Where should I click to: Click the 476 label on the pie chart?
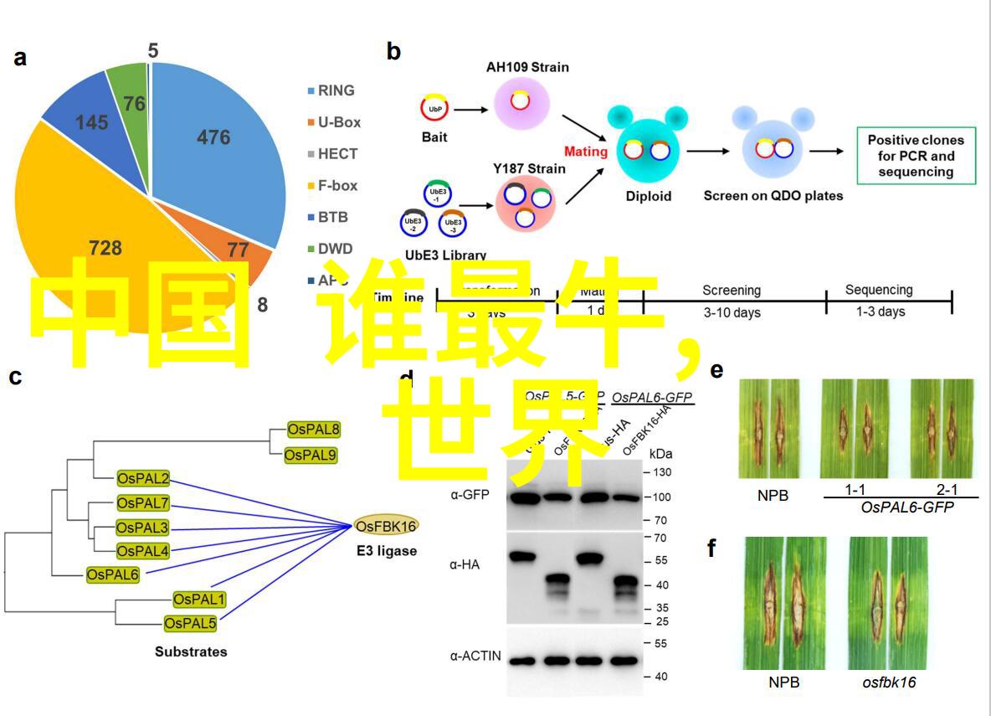(x=213, y=137)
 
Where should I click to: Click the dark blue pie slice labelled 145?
(x=91, y=122)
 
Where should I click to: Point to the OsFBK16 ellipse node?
(x=386, y=526)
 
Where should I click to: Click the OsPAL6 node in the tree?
(x=113, y=574)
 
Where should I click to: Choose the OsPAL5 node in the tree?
(x=190, y=623)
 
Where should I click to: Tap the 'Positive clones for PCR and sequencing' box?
(x=916, y=156)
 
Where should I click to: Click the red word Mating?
(x=586, y=152)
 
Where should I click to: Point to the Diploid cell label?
(x=649, y=196)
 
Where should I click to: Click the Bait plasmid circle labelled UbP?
(x=435, y=109)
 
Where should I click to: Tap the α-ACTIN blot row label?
(x=475, y=656)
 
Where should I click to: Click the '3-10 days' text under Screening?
(x=732, y=312)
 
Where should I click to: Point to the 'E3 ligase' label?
(x=385, y=551)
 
